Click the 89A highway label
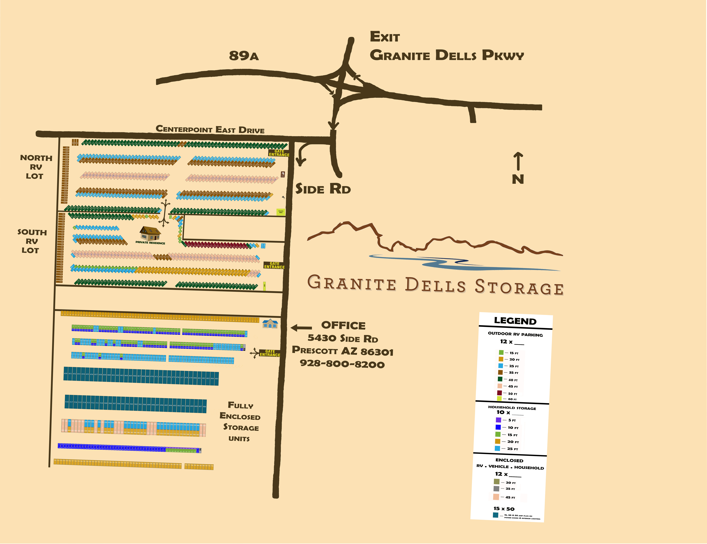click(244, 56)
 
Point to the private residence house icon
click(150, 233)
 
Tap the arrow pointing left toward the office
click(301, 328)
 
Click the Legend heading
click(515, 321)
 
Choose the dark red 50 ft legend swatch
click(499, 393)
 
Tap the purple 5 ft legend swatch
click(498, 420)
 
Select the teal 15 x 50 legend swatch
click(496, 515)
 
